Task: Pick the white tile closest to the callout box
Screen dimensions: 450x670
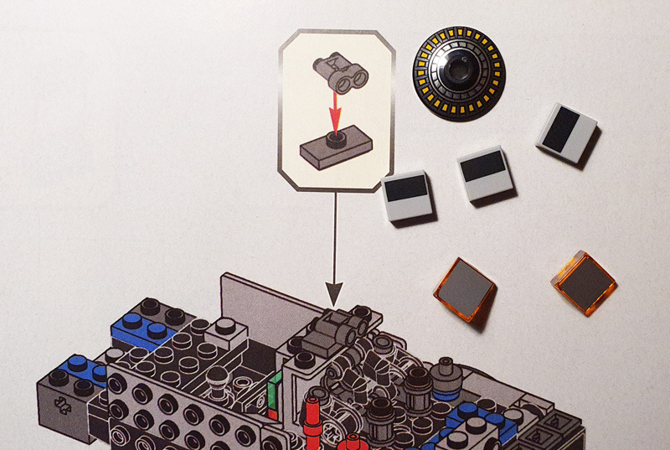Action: coord(406,196)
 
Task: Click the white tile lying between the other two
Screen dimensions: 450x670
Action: coord(483,177)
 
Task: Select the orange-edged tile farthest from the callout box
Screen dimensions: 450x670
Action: coord(583,282)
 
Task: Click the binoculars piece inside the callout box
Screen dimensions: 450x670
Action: coord(341,73)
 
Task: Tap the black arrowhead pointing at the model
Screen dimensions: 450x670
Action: coord(334,293)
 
